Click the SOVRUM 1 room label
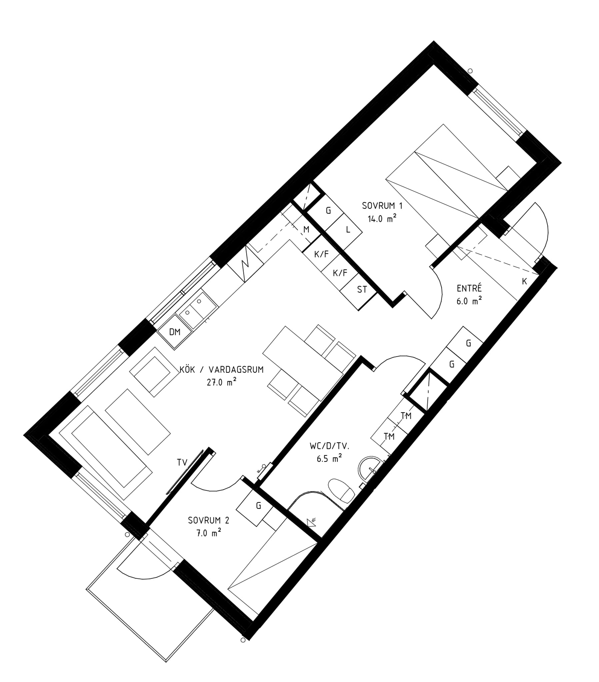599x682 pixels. point(382,206)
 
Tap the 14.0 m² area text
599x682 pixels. point(382,218)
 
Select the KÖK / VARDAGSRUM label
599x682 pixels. point(221,369)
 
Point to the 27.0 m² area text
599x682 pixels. point(221,382)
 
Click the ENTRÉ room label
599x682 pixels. point(469,288)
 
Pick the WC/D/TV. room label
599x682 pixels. point(329,446)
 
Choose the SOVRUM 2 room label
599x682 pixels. point(208,520)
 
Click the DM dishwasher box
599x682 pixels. point(175,332)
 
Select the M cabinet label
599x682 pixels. point(306,229)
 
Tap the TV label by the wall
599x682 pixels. point(182,462)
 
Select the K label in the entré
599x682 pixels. point(524,281)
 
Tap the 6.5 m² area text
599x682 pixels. point(329,459)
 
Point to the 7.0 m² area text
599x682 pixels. point(209,533)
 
